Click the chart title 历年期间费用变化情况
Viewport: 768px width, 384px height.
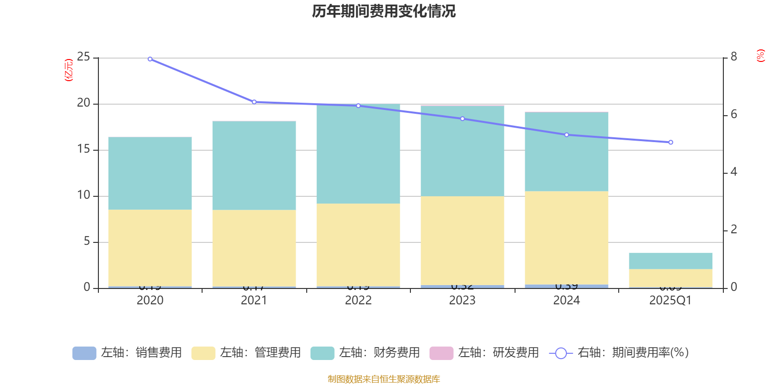(384, 11)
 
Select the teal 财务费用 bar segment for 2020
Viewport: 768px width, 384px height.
(150, 173)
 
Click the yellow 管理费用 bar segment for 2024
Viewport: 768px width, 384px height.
(566, 238)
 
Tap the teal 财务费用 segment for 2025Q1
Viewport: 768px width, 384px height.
(671, 261)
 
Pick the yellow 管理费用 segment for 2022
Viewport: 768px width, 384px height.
(358, 245)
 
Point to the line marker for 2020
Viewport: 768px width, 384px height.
(150, 59)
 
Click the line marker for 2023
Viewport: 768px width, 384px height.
(462, 119)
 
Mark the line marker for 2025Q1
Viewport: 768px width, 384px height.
(671, 143)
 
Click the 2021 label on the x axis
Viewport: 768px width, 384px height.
(254, 300)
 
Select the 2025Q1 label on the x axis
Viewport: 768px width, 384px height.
(670, 300)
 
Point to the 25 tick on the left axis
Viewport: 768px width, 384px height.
(84, 57)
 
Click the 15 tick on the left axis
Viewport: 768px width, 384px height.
(84, 149)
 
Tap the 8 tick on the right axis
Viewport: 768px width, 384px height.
(733, 57)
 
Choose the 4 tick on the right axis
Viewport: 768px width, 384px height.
(733, 172)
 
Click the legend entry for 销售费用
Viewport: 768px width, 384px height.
(127, 353)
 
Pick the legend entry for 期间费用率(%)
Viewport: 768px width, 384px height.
(619, 353)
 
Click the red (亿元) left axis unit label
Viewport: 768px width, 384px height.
(69, 70)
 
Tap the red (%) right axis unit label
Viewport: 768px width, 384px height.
(760, 56)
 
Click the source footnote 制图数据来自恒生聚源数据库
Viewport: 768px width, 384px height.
(384, 379)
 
